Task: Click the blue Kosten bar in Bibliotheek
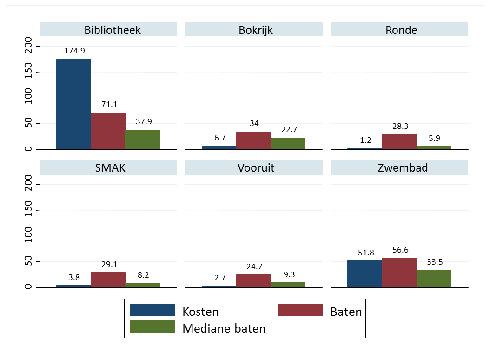click(73, 104)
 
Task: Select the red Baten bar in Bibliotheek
click(108, 131)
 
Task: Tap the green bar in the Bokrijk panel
click(288, 143)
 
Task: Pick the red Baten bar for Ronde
click(399, 142)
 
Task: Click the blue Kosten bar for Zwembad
click(364, 273)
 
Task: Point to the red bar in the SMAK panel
click(108, 280)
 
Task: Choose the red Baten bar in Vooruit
click(253, 280)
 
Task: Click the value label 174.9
click(73, 51)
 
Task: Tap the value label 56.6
click(399, 250)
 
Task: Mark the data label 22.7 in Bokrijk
click(288, 129)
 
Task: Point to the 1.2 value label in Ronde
click(364, 140)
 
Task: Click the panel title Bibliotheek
click(113, 30)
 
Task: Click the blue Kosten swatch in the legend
click(152, 310)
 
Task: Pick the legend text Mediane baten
click(224, 328)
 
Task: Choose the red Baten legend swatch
click(300, 310)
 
